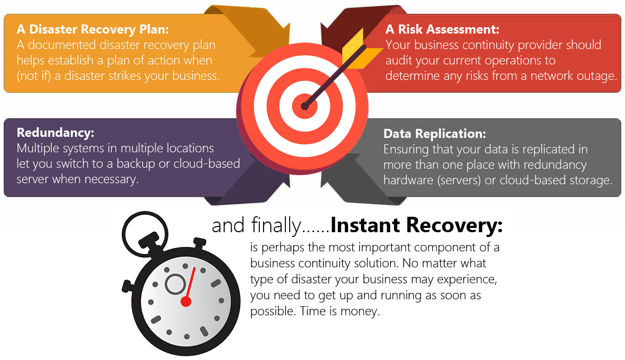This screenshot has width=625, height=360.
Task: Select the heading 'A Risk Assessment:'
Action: [442, 29]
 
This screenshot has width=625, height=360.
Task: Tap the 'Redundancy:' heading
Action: [55, 133]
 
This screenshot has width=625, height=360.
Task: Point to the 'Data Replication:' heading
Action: [434, 134]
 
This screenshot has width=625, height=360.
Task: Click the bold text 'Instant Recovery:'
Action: [416, 225]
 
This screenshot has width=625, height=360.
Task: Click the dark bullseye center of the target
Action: [305, 106]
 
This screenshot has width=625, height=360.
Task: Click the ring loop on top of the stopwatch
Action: [139, 228]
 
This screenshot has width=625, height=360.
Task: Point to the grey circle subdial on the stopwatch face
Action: [175, 284]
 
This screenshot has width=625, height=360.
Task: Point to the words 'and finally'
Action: [256, 226]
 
